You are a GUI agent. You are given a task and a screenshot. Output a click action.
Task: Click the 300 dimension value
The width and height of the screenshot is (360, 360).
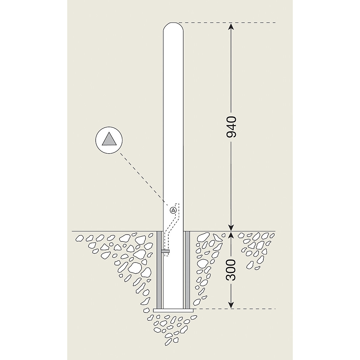coord(231,270)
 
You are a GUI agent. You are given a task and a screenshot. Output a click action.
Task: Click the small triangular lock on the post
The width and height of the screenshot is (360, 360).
coord(173,210)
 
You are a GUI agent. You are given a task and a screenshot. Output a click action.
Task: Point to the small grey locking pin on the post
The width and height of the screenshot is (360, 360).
coord(165,250)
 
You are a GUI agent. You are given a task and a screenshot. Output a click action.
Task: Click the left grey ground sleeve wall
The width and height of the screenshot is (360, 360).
coord(159,270)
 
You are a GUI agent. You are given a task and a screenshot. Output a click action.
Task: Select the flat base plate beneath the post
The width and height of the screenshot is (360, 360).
coord(173,310)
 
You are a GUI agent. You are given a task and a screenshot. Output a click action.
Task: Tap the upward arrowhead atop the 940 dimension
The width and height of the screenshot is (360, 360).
coord(231,26)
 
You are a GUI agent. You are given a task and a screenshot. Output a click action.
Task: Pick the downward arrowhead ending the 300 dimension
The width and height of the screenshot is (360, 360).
coord(231,305)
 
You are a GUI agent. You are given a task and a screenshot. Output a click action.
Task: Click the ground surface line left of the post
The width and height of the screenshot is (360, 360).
coord(114,231)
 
